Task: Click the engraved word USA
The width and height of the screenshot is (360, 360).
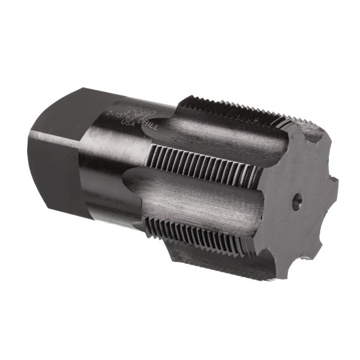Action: point(128,122)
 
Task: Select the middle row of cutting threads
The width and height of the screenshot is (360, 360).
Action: point(204,165)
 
